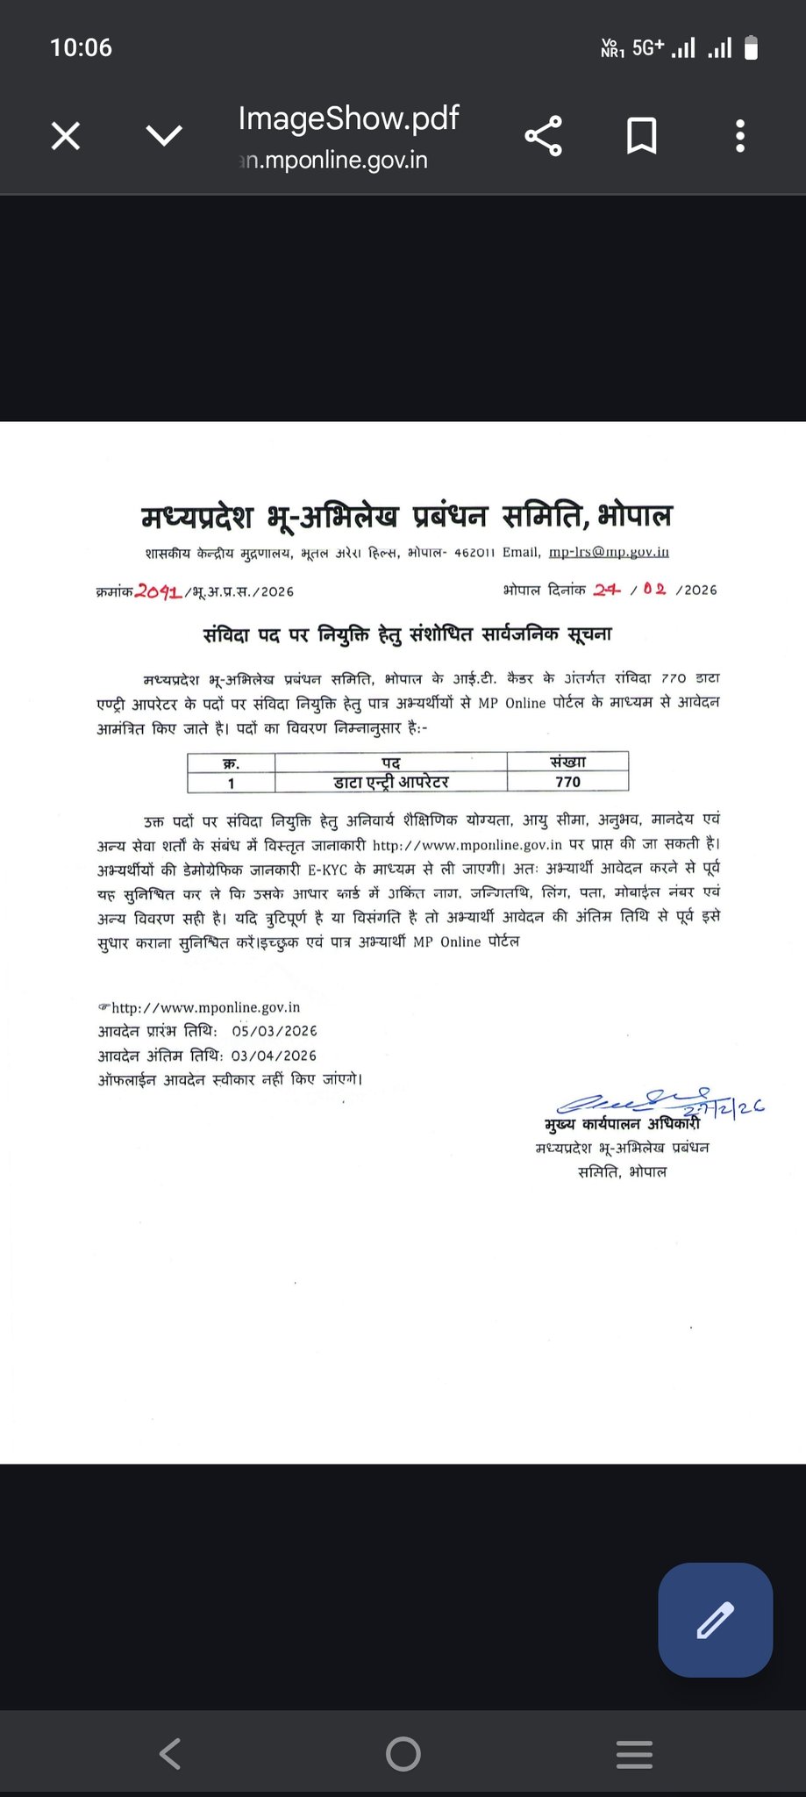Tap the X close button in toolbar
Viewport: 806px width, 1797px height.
point(66,136)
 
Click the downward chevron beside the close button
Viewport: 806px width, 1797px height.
point(164,136)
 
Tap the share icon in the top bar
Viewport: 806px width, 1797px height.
point(543,136)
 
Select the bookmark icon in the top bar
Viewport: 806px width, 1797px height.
point(641,136)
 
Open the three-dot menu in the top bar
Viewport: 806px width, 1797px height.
point(740,136)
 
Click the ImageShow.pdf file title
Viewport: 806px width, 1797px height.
point(348,118)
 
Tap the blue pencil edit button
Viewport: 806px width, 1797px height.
point(715,1620)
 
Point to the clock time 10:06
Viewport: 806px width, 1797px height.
point(81,47)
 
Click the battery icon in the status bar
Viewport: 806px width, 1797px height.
point(751,47)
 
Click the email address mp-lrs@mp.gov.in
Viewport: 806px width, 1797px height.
point(609,552)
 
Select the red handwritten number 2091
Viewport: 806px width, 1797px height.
point(159,591)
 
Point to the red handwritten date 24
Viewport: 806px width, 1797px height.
point(606,590)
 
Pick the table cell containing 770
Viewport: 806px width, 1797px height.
point(567,782)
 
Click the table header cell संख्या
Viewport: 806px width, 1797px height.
point(567,762)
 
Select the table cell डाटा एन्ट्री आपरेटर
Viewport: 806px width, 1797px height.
point(391,782)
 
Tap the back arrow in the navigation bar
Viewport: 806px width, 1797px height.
point(170,1753)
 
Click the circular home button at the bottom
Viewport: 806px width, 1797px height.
point(403,1753)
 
